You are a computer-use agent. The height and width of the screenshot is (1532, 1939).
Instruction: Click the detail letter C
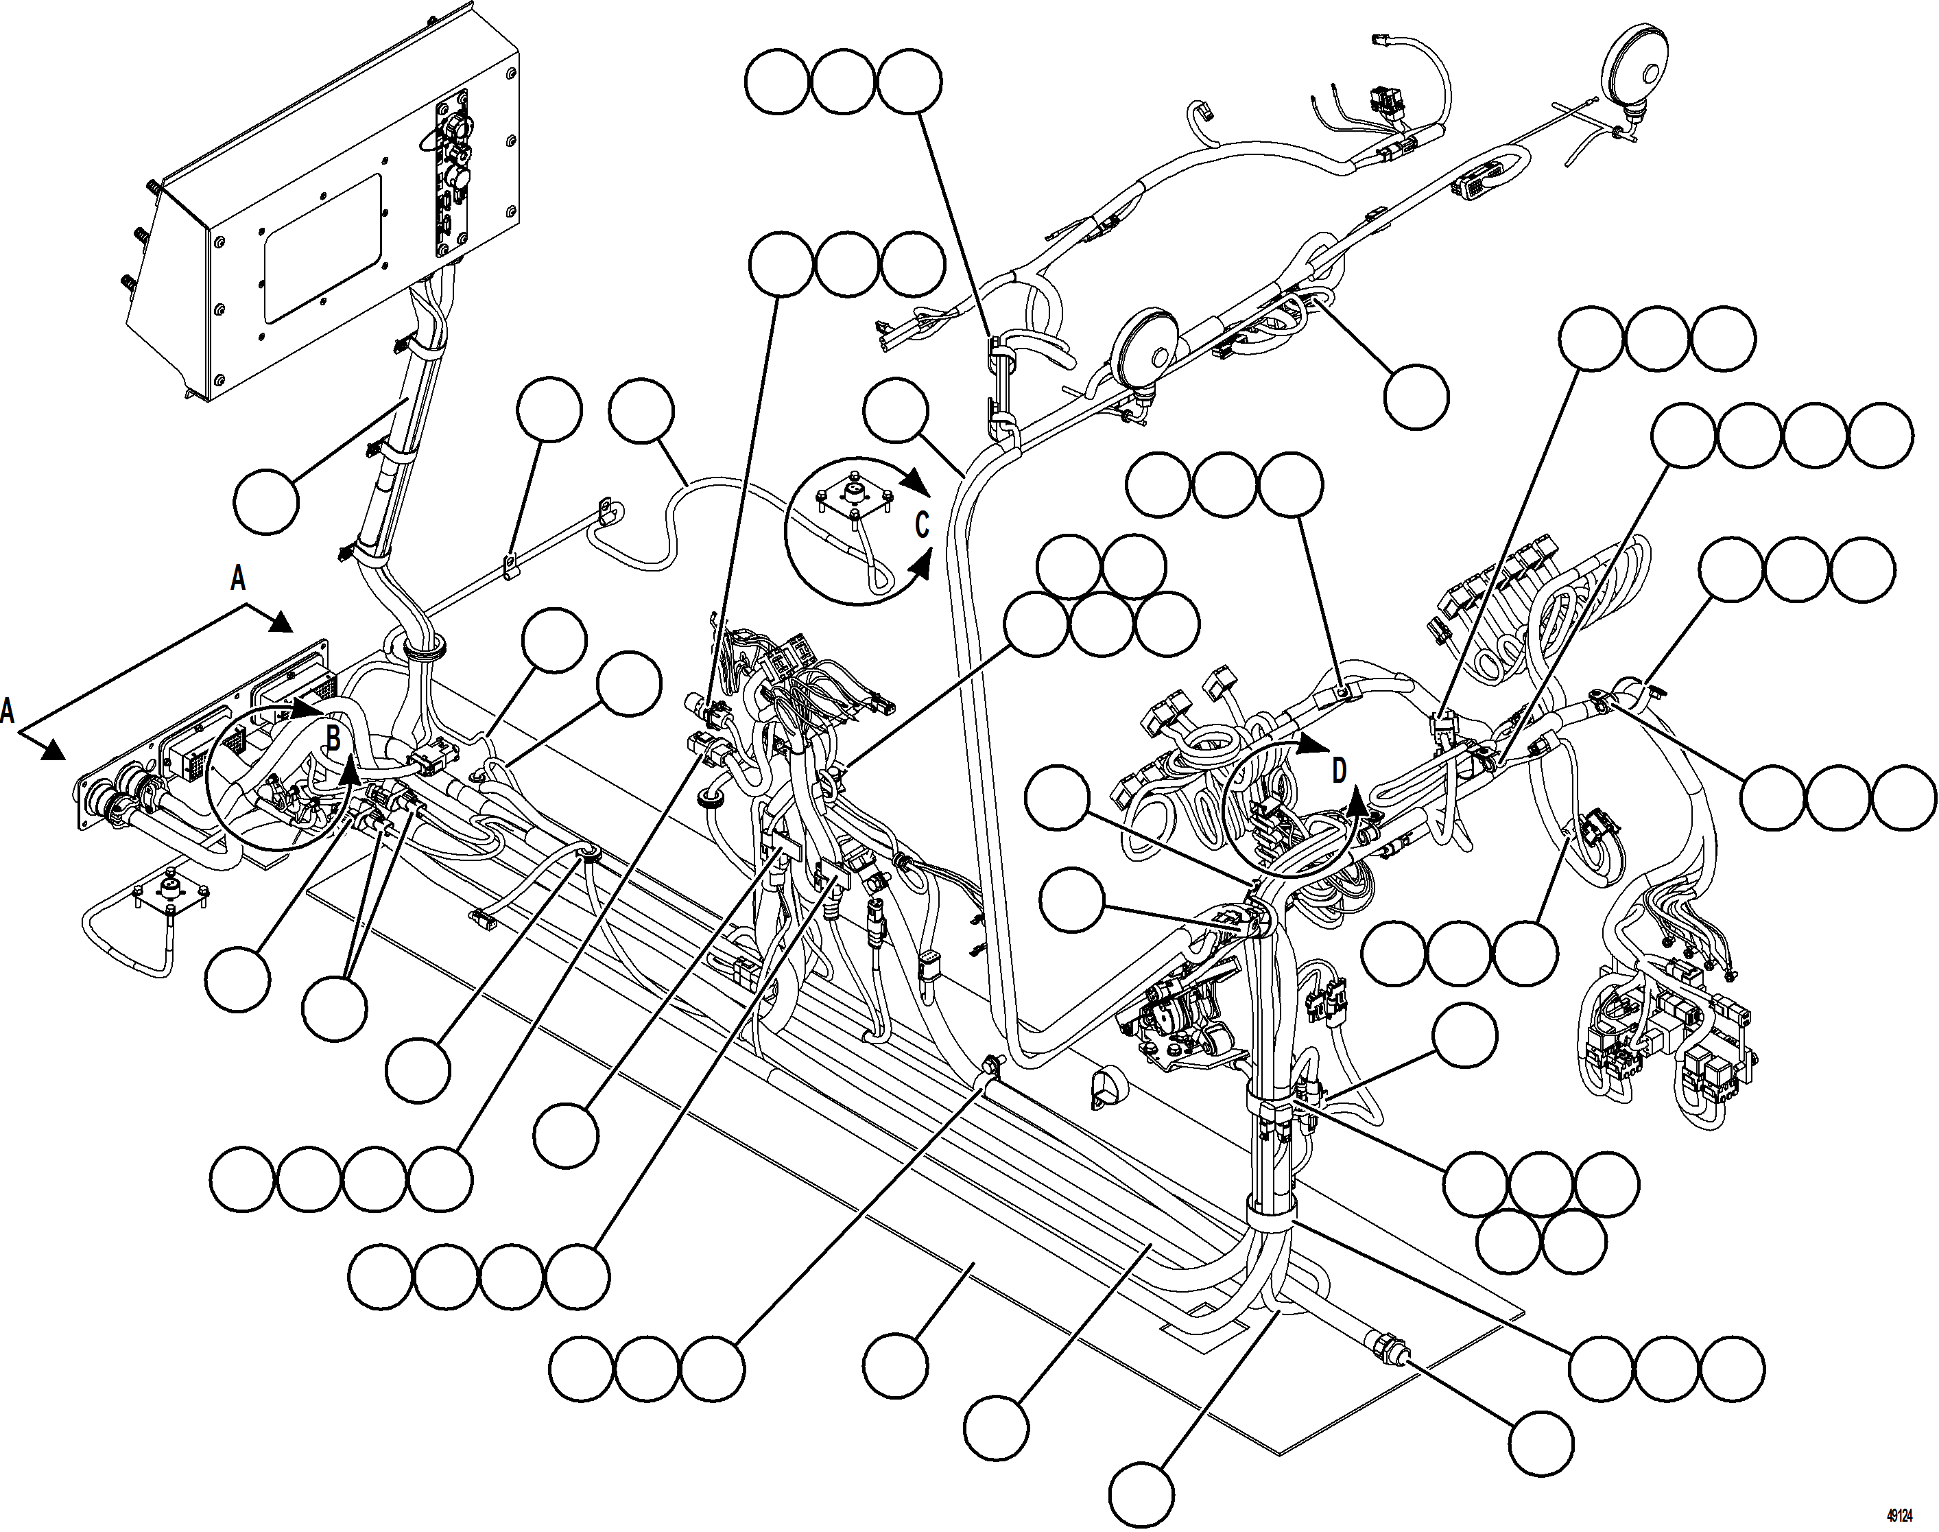point(921,525)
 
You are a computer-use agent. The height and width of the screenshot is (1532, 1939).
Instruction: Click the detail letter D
point(1339,770)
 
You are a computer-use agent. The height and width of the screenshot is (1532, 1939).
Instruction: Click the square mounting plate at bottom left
point(169,893)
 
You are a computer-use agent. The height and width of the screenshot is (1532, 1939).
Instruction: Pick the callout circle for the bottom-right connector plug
point(1541,1444)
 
